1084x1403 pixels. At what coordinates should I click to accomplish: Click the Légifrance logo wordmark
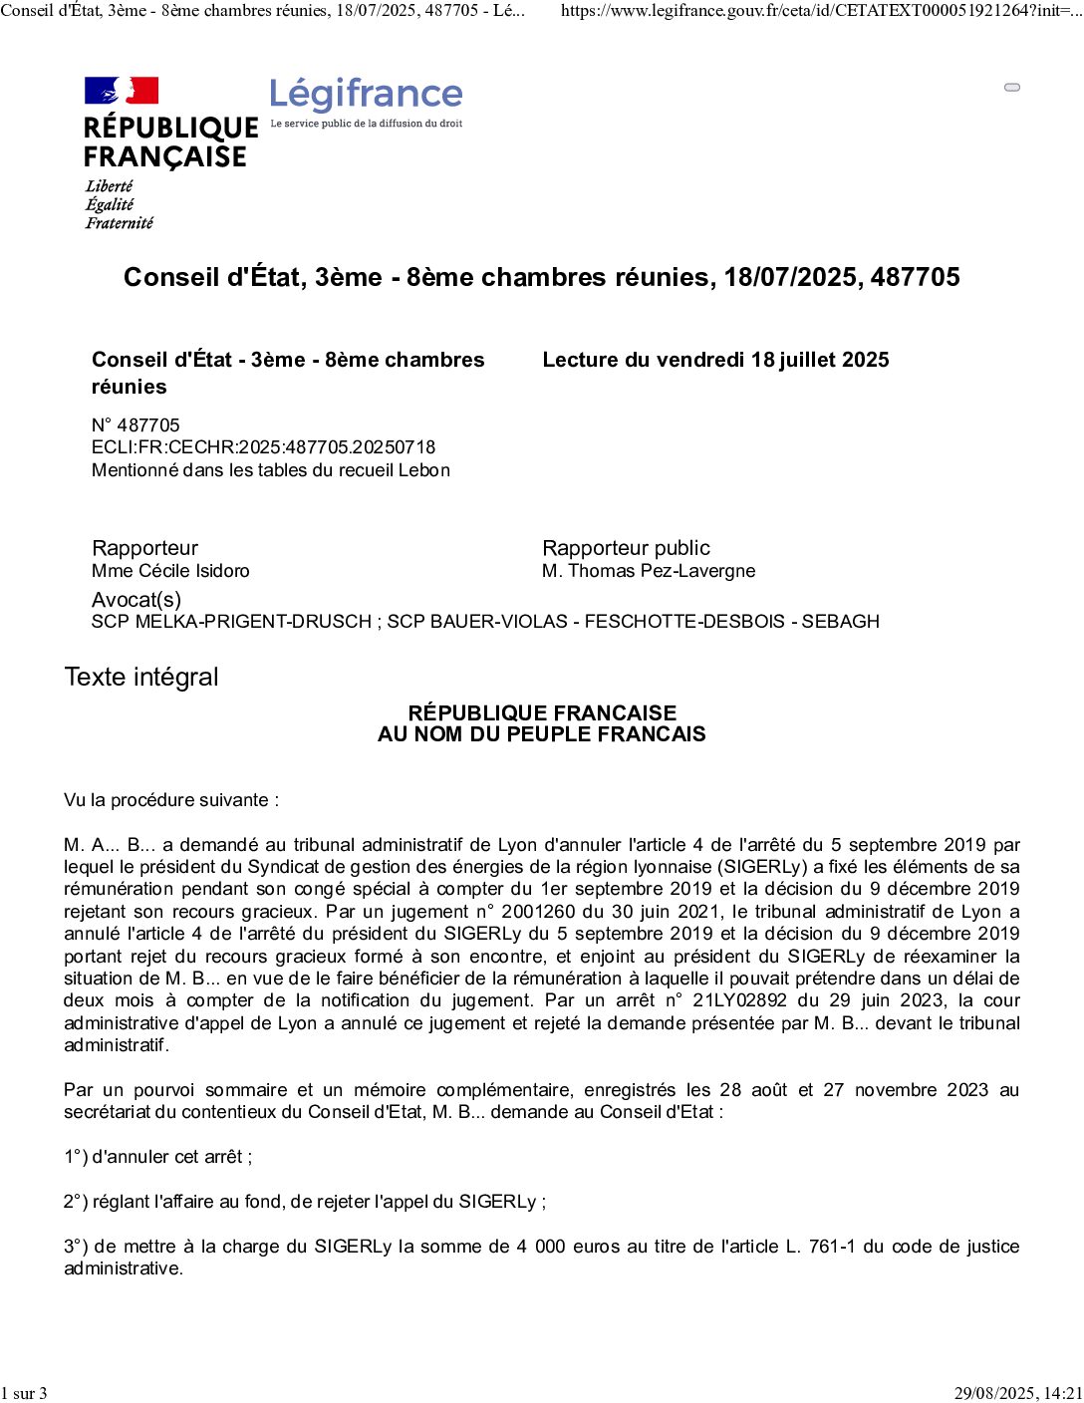click(x=366, y=95)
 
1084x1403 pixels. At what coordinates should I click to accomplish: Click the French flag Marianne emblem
click(x=122, y=91)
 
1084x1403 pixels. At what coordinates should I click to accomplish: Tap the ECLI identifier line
click(x=263, y=447)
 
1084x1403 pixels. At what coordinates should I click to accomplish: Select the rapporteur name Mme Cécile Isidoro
click(x=170, y=571)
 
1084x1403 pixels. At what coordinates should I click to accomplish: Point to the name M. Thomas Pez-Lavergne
click(x=649, y=571)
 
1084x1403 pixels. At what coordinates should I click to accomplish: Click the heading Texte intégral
click(x=140, y=678)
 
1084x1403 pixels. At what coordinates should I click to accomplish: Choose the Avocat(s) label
click(x=136, y=600)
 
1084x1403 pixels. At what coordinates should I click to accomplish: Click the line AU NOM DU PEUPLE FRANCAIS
click(x=541, y=734)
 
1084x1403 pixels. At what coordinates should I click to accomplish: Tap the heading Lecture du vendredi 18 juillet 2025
click(x=715, y=360)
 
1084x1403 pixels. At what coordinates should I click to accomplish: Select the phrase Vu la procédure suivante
click(x=170, y=800)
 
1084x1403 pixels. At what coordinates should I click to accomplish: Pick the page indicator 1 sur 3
click(x=24, y=1393)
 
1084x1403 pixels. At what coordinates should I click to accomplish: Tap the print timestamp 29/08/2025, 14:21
click(x=1017, y=1393)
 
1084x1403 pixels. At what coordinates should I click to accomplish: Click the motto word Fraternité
click(x=119, y=223)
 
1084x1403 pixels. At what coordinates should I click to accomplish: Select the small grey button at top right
click(x=1012, y=88)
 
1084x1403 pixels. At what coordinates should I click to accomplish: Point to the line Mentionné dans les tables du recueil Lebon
click(x=270, y=470)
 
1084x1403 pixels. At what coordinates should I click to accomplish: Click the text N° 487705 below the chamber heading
click(x=135, y=425)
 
